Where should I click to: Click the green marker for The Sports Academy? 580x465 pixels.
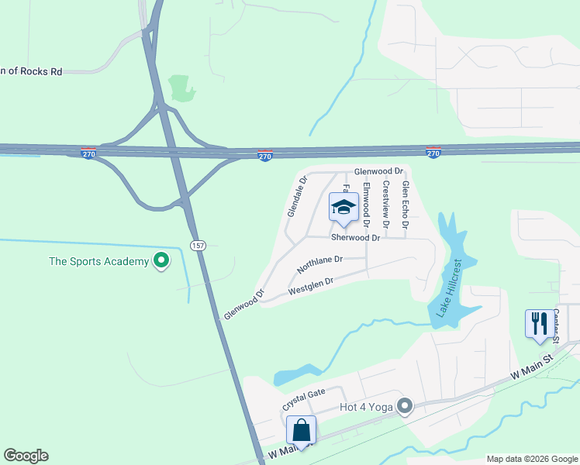[161, 260]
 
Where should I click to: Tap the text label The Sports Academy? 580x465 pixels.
[98, 261]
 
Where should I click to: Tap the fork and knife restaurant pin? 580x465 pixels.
[540, 323]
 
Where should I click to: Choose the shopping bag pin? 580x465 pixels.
[301, 430]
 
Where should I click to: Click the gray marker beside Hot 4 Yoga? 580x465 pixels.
[404, 406]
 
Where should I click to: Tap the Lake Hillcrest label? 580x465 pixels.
[447, 288]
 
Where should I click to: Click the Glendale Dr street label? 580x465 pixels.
[298, 197]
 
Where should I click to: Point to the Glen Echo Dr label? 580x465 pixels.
[405, 204]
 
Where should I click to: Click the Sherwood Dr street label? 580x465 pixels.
[356, 238]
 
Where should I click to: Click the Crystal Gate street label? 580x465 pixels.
[303, 399]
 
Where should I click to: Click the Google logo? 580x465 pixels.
[26, 456]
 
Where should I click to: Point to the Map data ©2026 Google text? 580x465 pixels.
[532, 459]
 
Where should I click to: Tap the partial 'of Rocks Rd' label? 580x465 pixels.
[31, 71]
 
